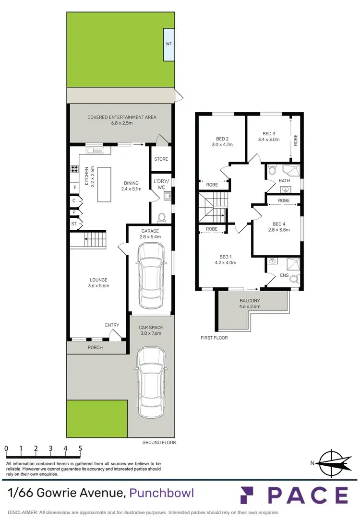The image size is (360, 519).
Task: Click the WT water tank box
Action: coord(169,44)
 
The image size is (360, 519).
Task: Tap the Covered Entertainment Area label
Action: coord(122,120)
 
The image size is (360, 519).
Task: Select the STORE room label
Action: coord(161,159)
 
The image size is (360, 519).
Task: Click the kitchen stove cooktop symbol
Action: coord(75,168)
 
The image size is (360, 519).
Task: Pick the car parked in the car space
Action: coord(151,377)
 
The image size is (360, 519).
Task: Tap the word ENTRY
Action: coord(112,325)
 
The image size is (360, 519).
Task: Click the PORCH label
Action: coord(95,347)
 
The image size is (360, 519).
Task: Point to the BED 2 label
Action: coord(221,140)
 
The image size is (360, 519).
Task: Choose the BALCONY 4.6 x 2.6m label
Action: coord(250,303)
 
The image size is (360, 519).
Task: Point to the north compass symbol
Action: coord(332,463)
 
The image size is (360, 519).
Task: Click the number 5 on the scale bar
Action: coord(80,448)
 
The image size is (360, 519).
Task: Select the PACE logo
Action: coord(294,495)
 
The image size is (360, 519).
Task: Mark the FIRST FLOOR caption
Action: coord(214,338)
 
